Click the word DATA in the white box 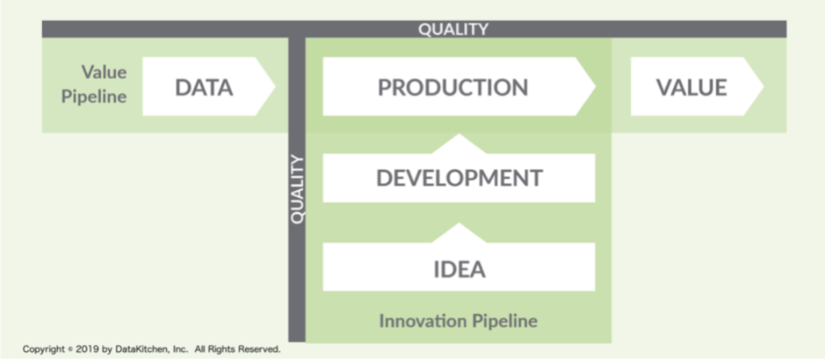(204, 87)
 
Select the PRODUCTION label (453, 87)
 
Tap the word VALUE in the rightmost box (691, 87)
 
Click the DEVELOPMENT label (458, 179)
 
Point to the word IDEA (458, 270)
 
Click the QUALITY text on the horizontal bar (453, 30)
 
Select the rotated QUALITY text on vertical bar (297, 189)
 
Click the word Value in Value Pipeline (104, 72)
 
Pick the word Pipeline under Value (94, 97)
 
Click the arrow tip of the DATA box (275, 86)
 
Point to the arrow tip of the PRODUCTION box (595, 86)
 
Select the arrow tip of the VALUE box (763, 86)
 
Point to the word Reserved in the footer (259, 349)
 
